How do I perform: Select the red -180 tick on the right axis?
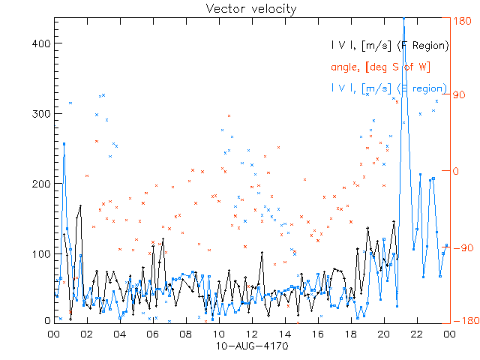pos(461,321)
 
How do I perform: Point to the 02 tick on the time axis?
pos(86,334)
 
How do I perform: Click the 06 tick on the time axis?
pos(152,334)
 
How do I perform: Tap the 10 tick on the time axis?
pos(218,334)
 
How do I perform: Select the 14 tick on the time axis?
pos(284,334)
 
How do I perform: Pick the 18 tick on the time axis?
pos(350,334)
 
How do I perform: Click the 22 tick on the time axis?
pos(416,334)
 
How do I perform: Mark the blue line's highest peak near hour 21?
pos(403,19)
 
